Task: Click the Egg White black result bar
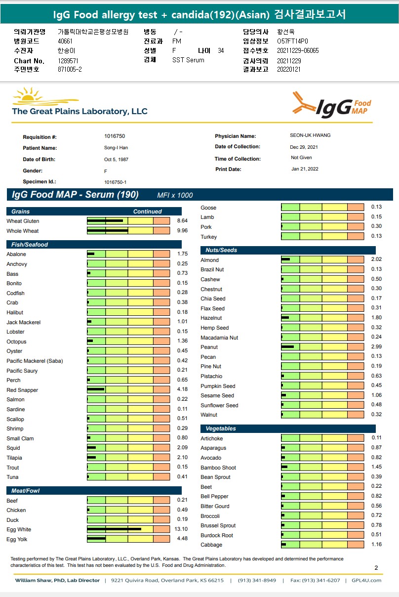point(114,529)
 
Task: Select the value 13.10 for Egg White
point(182,529)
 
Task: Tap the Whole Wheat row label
point(23,231)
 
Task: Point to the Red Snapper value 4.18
point(182,390)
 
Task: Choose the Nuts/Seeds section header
point(221,250)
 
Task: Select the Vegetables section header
point(221,428)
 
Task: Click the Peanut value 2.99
point(376,347)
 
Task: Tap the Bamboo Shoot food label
point(218,468)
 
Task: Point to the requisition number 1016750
point(115,136)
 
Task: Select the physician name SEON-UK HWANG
point(310,135)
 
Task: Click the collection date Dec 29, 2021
point(304,147)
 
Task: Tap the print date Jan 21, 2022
point(305,169)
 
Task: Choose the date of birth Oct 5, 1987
point(116,160)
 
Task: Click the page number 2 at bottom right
point(376,568)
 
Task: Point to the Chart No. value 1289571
point(68,61)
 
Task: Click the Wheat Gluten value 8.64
point(182,221)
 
